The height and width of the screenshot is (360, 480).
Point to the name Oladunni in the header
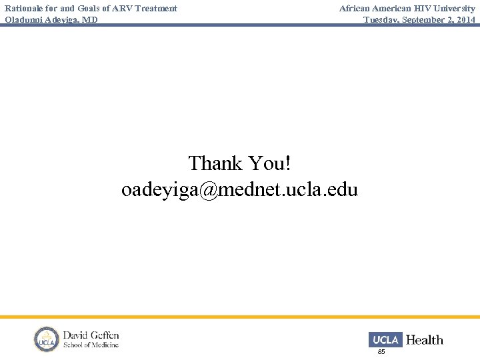24,20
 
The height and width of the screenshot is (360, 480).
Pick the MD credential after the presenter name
91,20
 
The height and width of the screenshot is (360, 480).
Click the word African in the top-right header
357,9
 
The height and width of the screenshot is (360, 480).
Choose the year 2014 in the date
465,20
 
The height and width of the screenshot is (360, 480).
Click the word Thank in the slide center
215,163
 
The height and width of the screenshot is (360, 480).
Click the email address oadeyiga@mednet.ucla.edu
239,190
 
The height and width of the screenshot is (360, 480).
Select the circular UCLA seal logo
47,339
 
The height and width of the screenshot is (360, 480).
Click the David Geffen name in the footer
91,335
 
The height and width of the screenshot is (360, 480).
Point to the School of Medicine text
91,345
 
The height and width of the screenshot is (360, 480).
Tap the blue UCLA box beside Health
385,340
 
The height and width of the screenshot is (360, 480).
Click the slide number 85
381,351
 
